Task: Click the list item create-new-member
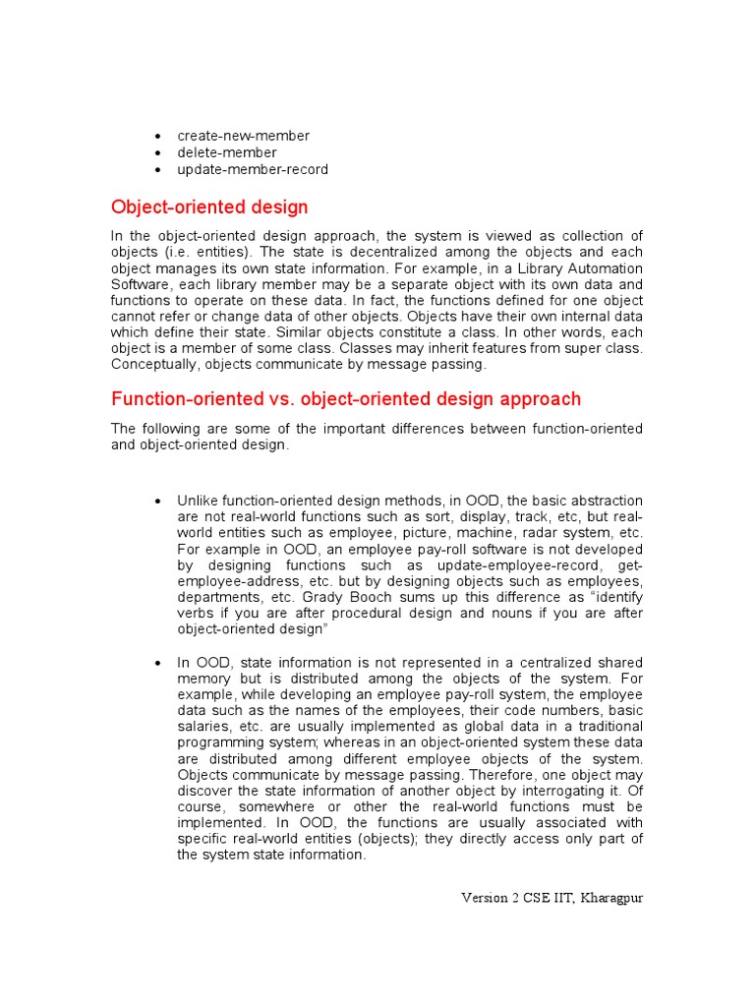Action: [243, 136]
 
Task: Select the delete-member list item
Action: [226, 152]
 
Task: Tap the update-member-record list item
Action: [253, 169]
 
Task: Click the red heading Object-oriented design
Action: [209, 207]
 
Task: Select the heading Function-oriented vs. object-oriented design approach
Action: [346, 399]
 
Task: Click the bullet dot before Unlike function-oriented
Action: [157, 502]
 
